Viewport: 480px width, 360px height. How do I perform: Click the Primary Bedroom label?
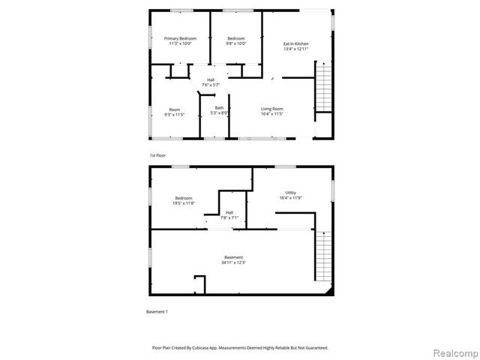tap(180, 38)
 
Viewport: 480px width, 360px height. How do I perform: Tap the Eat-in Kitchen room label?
tap(295, 43)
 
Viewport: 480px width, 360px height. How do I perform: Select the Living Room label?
tap(271, 109)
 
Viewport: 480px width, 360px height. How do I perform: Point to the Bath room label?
tap(219, 108)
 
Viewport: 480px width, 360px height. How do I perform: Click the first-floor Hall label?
tap(211, 80)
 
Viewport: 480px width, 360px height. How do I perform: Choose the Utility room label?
tap(289, 193)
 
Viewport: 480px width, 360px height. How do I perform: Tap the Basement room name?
tap(233, 257)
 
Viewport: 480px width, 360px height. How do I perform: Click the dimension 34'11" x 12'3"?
tap(233, 262)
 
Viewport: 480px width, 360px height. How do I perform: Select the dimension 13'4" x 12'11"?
tap(295, 49)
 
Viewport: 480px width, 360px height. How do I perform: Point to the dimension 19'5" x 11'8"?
tap(184, 203)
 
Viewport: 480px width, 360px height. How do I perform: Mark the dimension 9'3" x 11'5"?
tap(174, 115)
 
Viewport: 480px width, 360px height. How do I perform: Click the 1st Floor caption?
tap(157, 155)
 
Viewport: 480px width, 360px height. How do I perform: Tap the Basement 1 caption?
tap(157, 311)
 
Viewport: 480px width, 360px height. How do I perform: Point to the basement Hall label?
tap(229, 212)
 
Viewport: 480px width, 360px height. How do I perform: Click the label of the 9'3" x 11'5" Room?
tap(174, 109)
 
